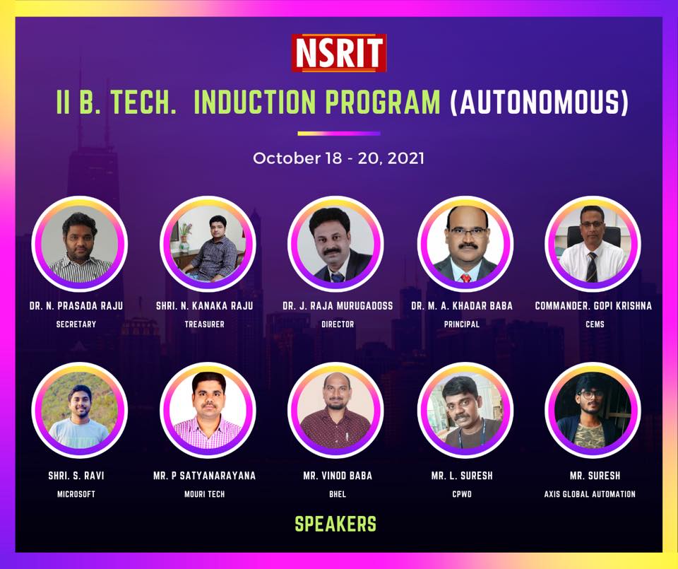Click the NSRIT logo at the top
[338, 52]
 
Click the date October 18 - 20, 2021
[338, 158]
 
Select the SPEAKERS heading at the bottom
[335, 524]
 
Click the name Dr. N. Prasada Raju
[76, 306]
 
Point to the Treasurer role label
[205, 324]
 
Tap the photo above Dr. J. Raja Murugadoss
[335, 244]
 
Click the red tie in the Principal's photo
[465, 277]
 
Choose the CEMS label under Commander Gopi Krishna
[595, 324]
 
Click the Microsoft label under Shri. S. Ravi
[76, 494]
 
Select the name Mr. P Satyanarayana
[205, 476]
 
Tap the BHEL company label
[338, 494]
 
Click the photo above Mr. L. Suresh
[465, 410]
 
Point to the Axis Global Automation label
[590, 494]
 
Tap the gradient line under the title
[339, 134]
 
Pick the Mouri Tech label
[205, 494]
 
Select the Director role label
[338, 324]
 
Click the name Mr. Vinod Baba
[338, 476]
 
